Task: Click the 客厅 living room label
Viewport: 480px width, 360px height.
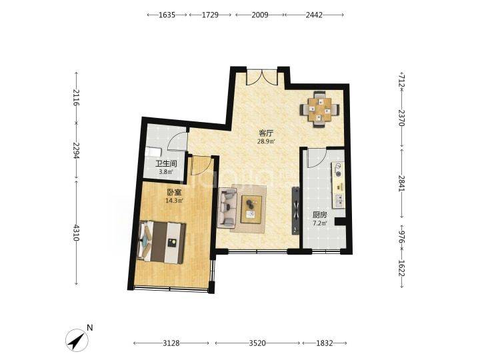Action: pyautogui.click(x=266, y=133)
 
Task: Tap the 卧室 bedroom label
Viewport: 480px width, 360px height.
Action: pyautogui.click(x=174, y=192)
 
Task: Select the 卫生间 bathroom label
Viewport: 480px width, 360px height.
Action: pyautogui.click(x=166, y=164)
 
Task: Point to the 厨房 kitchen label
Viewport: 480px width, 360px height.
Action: pyautogui.click(x=319, y=215)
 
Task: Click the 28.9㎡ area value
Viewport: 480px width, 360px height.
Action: pyautogui.click(x=266, y=141)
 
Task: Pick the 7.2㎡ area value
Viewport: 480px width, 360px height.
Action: pyautogui.click(x=319, y=223)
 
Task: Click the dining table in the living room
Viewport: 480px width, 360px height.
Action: pyautogui.click(x=319, y=109)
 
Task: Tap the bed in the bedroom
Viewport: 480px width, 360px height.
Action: pyautogui.click(x=162, y=242)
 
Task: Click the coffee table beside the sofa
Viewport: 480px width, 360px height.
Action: pyautogui.click(x=251, y=209)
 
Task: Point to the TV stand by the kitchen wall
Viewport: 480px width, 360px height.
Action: pyautogui.click(x=295, y=210)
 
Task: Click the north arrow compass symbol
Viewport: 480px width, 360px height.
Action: pyautogui.click(x=77, y=340)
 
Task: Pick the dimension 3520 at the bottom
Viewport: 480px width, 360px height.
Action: pyautogui.click(x=257, y=343)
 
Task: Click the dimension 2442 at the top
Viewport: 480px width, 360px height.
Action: pyautogui.click(x=314, y=15)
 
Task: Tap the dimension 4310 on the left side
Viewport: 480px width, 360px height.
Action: pyautogui.click(x=76, y=233)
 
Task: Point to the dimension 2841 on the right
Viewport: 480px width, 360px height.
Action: pyautogui.click(x=402, y=183)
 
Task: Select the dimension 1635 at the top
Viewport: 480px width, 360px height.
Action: pyautogui.click(x=167, y=15)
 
